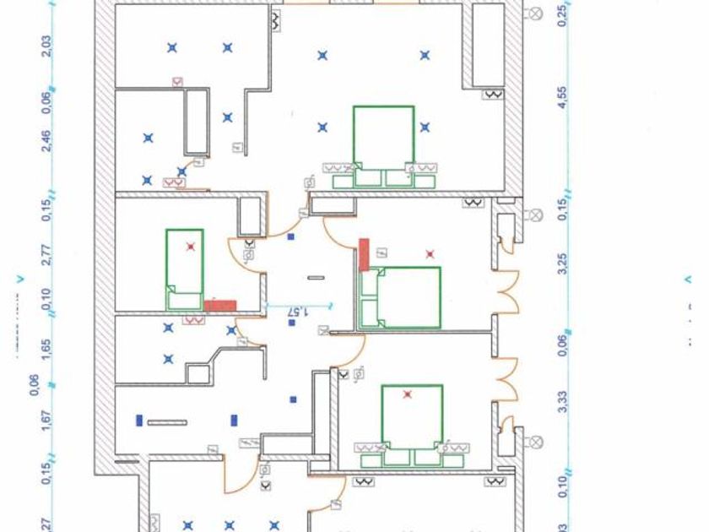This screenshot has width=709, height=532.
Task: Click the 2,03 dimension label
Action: point(46,44)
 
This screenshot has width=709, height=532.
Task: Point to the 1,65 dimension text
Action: point(46,348)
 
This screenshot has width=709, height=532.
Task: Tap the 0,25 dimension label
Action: point(563,14)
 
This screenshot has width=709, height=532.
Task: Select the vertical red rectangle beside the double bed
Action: point(365,254)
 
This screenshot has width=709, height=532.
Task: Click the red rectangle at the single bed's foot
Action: point(219,305)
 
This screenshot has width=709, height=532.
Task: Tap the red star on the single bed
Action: point(192,247)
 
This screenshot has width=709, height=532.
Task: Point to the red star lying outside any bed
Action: point(430,252)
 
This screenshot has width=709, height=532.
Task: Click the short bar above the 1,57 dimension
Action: point(316,277)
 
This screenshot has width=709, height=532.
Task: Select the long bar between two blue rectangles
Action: point(167,421)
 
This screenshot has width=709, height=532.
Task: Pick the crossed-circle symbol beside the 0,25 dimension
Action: point(534,14)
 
